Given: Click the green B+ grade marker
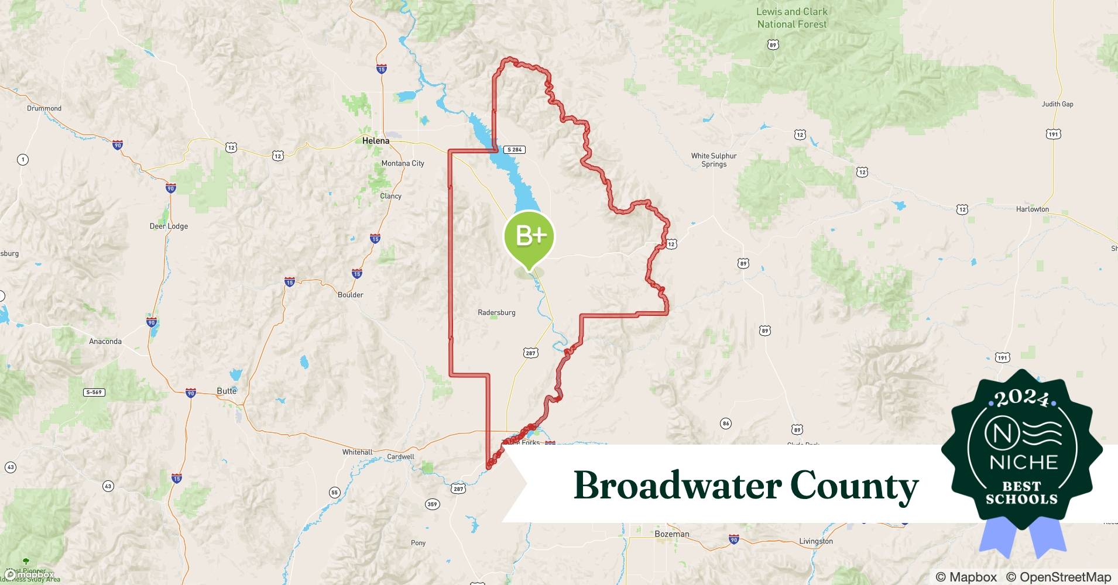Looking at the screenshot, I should pos(529,236).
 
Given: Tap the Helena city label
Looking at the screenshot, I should pos(375,141).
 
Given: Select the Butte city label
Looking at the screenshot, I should pos(227,391).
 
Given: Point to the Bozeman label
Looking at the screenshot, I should pos(671,534).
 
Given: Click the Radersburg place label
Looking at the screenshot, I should pos(496,312).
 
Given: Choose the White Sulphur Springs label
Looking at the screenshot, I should pos(714,160).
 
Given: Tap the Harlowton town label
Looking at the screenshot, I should pos(1032,209).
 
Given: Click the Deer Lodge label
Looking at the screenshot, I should pos(169,226).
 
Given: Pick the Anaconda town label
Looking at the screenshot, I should pos(105,341).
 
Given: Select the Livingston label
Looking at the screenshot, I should pos(815,541).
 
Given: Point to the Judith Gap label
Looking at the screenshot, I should pos(1057,104).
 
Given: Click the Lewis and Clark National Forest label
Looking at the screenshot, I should pos(791,18).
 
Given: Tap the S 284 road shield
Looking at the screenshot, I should pos(515,150).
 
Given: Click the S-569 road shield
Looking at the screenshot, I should pos(94,392).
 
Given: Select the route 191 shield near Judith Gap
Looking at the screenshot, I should pos(1053,134).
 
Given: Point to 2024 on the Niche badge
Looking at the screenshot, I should pos(1021,399).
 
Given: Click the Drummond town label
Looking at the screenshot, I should pos(44,108).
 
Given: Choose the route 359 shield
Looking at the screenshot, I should pos(432,504).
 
